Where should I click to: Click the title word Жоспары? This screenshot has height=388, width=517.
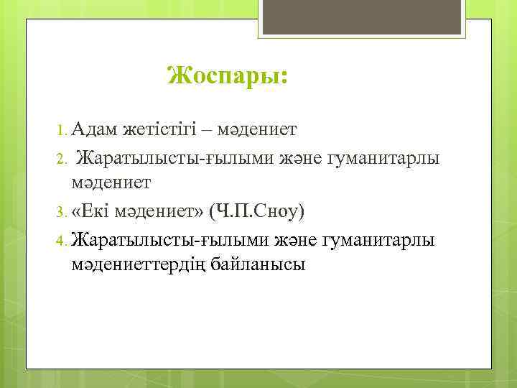coord(226,75)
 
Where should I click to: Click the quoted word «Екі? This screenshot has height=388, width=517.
coord(92,211)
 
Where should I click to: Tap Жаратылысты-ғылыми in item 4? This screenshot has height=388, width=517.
coord(144,239)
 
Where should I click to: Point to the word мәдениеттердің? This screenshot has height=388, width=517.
coord(137,265)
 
